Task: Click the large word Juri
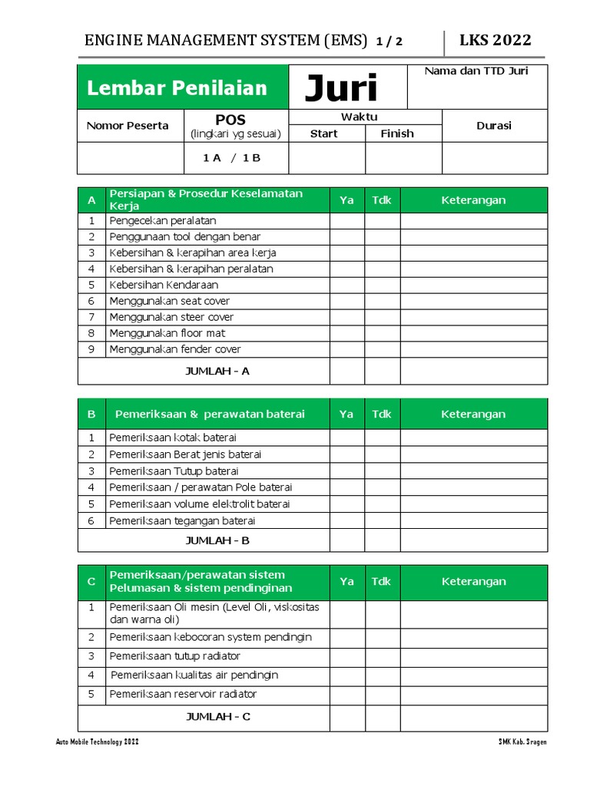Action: pos(341,89)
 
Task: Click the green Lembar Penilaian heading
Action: pos(177,88)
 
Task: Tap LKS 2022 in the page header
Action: pos(495,41)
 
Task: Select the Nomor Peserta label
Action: pos(128,126)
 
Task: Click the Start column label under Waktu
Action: pos(323,134)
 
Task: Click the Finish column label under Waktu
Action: pos(397,134)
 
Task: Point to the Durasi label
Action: pos(494,126)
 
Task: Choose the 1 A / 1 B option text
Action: pos(232,158)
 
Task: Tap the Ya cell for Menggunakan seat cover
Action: pos(347,302)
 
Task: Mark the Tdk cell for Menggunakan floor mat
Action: pos(382,334)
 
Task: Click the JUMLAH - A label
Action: pos(217,372)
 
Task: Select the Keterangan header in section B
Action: pos(473,414)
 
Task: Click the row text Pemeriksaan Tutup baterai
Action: pos(174,471)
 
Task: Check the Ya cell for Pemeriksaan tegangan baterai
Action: pos(347,521)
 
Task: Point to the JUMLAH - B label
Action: pos(217,540)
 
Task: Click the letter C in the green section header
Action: pos(91,582)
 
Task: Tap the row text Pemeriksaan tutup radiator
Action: pos(174,656)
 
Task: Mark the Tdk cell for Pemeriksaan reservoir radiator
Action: pos(382,695)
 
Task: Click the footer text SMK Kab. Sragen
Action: pos(522,742)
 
